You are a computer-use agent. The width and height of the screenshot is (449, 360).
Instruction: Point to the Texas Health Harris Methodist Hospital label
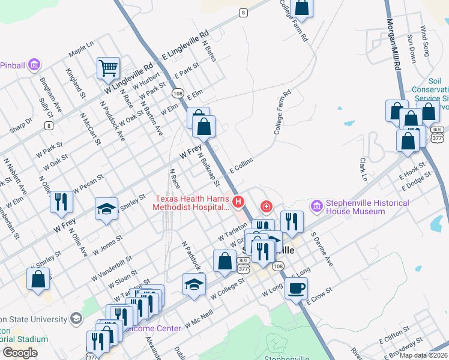tap(193, 203)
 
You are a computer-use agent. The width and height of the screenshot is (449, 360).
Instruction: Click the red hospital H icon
tap(238, 201)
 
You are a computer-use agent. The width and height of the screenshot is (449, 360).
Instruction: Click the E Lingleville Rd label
tap(185, 45)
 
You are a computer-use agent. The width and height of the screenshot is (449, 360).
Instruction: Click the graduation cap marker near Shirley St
tap(106, 208)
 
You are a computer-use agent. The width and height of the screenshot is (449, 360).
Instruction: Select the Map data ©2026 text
tap(423, 355)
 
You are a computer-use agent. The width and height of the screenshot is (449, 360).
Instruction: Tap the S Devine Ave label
tap(321, 251)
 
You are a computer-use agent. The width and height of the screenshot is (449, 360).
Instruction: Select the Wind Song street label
tap(424, 41)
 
